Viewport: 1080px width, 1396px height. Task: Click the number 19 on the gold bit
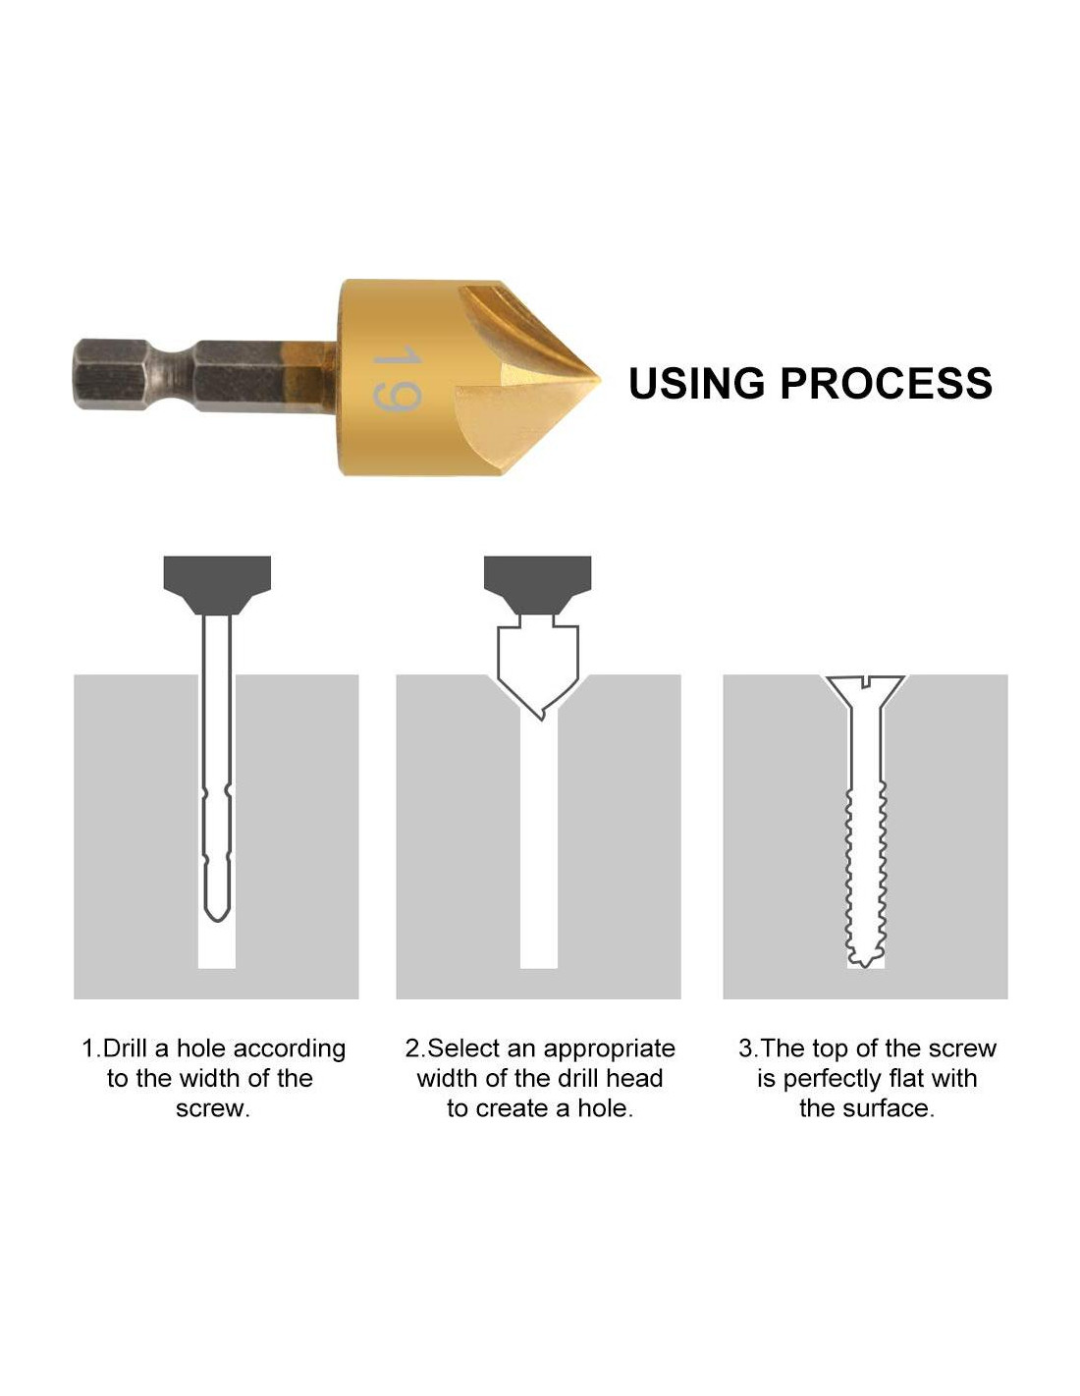(397, 378)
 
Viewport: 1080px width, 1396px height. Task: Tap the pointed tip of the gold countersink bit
(598, 380)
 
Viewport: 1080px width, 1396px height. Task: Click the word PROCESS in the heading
(886, 384)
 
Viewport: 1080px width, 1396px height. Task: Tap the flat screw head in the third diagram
(865, 689)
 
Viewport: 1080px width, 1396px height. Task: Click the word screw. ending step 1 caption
(213, 1109)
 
